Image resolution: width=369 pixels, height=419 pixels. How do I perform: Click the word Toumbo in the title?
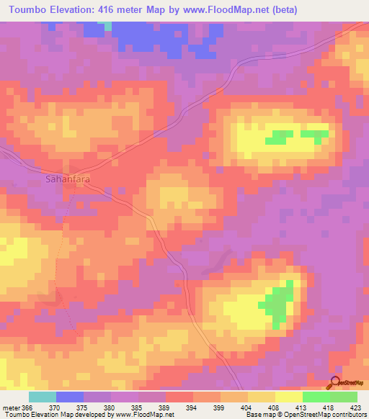click(x=27, y=10)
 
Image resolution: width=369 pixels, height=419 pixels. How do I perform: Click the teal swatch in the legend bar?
click(x=43, y=397)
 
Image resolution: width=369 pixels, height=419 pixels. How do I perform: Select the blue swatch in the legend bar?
click(x=70, y=397)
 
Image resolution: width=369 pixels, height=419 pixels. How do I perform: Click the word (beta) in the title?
click(x=282, y=10)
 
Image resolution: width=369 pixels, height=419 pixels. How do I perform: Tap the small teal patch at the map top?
click(x=108, y=26)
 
